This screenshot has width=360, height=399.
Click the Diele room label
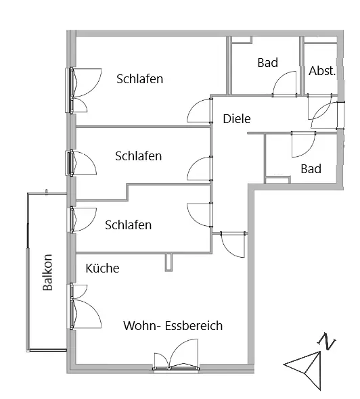coord(237,119)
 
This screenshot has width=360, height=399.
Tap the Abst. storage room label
coord(322,71)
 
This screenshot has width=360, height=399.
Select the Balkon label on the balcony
coord(47,273)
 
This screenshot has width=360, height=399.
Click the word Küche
coord(102,268)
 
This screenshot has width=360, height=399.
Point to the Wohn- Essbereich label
coord(173,326)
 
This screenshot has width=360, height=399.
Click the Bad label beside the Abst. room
coord(267,63)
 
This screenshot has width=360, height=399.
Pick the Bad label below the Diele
coord(311,168)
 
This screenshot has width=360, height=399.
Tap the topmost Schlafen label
coord(140,79)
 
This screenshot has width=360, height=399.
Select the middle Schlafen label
coord(138,156)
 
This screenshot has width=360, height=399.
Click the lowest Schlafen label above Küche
coord(129,225)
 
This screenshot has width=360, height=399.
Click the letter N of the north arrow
coord(327,342)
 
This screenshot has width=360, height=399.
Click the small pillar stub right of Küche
coord(168,262)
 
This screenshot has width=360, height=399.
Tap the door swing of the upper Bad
coord(284,84)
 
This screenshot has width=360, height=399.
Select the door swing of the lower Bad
coord(303,145)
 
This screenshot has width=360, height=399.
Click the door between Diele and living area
coord(233,245)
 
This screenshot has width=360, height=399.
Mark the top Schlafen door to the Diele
coord(200,111)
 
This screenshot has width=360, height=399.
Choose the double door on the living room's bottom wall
coord(176,354)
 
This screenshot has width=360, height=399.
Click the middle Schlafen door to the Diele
coord(200,168)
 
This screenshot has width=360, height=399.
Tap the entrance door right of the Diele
coord(325,115)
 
